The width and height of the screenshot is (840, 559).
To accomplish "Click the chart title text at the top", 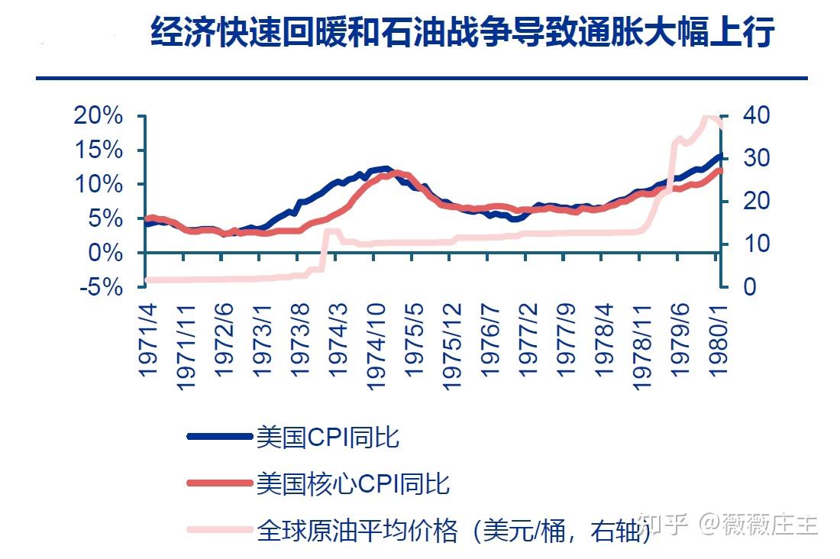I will [463, 34].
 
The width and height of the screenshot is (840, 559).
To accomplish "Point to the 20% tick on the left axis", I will [97, 116].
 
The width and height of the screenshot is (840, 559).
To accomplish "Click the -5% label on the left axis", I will [100, 287].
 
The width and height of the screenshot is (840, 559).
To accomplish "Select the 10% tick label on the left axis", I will [97, 184].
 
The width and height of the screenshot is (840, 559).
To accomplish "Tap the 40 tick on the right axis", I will [744, 116].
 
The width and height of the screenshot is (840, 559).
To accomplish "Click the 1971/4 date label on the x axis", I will [148, 337].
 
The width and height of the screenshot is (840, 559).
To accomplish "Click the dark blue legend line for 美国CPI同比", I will [219, 436].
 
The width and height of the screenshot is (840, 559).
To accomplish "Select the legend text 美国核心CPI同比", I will [353, 483].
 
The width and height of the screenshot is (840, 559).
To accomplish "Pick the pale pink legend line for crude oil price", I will [219, 528].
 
